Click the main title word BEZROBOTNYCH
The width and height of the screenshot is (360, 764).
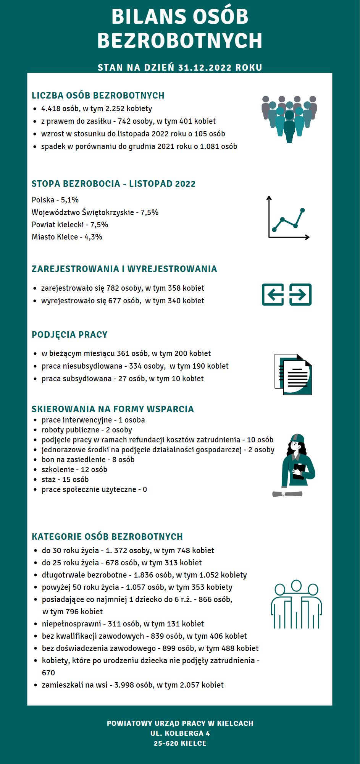click(x=180, y=41)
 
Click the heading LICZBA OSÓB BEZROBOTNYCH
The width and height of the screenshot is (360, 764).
click(x=98, y=95)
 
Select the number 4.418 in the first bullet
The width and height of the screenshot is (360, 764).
click(x=51, y=108)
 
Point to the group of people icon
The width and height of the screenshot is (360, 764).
click(x=289, y=118)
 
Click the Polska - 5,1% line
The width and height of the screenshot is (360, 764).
click(x=55, y=200)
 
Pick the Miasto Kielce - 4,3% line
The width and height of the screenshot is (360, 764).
click(x=67, y=237)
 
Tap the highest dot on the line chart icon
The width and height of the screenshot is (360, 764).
click(x=303, y=210)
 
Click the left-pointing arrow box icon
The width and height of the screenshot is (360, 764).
click(x=273, y=295)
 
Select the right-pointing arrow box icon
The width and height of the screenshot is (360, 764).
click(x=300, y=295)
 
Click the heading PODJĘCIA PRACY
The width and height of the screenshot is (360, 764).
click(x=69, y=335)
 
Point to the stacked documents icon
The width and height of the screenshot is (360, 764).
click(x=293, y=374)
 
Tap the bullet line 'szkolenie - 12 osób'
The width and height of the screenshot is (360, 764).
click(x=74, y=469)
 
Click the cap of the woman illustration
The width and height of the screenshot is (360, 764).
click(x=297, y=438)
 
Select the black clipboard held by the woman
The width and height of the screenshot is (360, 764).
click(x=299, y=471)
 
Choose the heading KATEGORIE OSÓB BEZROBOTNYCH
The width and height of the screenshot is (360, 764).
click(x=107, y=537)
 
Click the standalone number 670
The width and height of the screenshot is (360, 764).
click(x=48, y=673)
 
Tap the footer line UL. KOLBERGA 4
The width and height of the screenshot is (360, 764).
click(x=180, y=733)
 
